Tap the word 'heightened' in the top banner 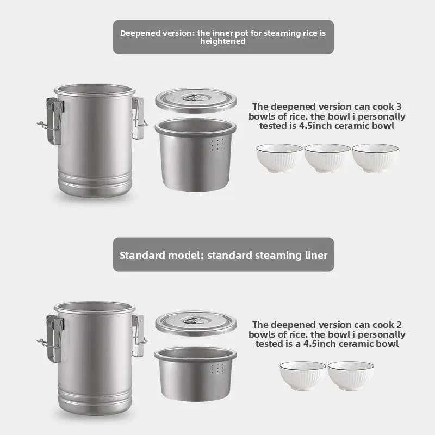[223, 41]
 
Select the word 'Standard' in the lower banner [142, 255]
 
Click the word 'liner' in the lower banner [316, 255]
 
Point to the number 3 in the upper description [399, 107]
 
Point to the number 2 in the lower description [399, 325]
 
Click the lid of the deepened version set [196, 100]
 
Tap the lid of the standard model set [196, 323]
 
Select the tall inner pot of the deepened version [196, 155]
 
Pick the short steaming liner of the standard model [196, 374]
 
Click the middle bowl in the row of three [327, 158]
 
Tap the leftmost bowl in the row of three [279, 158]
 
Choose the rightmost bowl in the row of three [375, 158]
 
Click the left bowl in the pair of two [303, 376]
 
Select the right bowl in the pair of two [351, 376]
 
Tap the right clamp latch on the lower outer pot [140, 336]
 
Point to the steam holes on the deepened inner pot [217, 145]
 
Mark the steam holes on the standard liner [217, 368]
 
